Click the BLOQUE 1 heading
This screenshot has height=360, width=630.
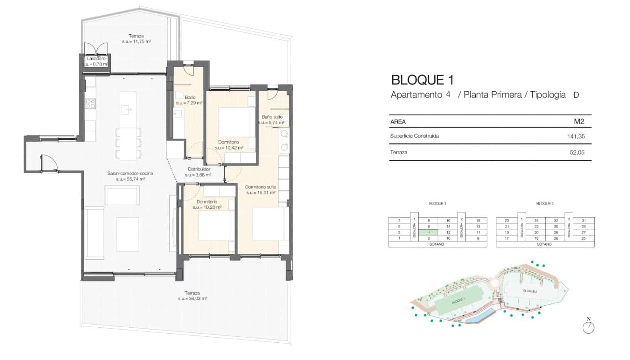coord(422,80)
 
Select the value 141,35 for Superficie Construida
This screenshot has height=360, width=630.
coord(576,137)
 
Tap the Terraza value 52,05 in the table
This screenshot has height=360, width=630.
coord(577,153)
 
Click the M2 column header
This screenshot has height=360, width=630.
coord(579,122)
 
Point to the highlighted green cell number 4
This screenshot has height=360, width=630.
coord(429,233)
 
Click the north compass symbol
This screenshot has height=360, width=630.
coord(588,327)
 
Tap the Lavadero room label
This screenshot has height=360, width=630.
coord(96,59)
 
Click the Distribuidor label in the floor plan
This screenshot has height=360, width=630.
coord(199,169)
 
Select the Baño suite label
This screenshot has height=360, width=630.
coord(272,117)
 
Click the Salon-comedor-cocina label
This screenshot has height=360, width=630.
coord(130,174)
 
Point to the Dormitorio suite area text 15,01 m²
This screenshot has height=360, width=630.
coord(261,193)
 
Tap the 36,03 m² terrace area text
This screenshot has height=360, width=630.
coord(192,299)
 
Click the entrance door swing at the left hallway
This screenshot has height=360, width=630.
coord(48,162)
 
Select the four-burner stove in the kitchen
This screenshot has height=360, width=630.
coord(91,104)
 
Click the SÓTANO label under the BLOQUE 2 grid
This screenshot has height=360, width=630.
coord(544,244)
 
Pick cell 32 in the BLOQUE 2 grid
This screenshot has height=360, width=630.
coord(556,221)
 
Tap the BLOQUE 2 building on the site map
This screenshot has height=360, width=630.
coord(530,291)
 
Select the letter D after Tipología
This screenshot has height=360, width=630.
coord(576,95)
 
